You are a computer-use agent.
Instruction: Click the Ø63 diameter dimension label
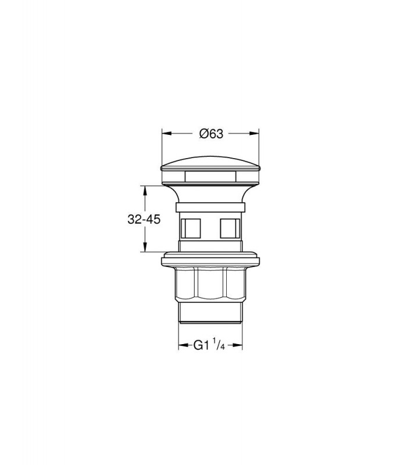tap(211, 134)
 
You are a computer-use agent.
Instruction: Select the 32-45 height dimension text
tap(144, 220)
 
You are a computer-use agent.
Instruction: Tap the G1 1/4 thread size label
tap(209, 345)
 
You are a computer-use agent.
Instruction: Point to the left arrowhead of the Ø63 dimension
tap(167, 134)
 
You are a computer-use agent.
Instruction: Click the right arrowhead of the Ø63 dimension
tap(254, 134)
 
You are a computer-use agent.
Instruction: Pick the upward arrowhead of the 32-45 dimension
tap(145, 191)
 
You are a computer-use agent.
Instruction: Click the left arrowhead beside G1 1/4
tap(183, 345)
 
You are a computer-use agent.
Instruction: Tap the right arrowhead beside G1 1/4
tap(237, 345)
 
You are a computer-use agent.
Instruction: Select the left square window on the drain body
tap(191, 228)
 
